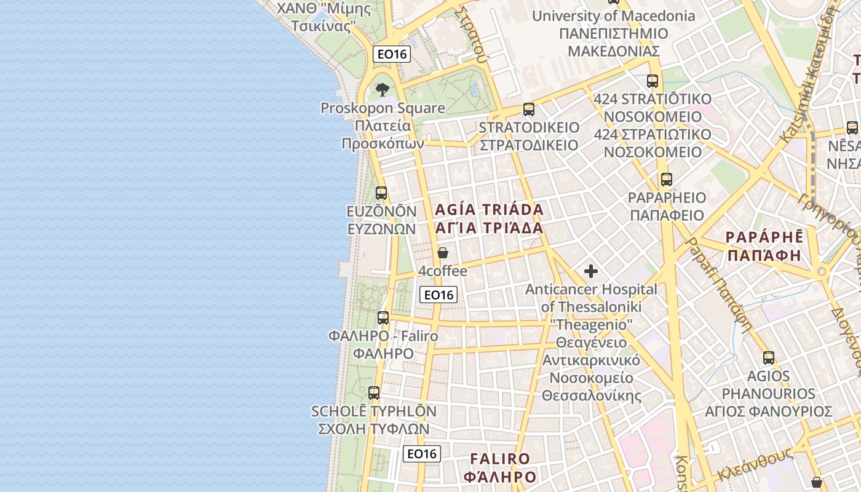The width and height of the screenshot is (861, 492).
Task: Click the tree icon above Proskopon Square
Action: pos(383,89)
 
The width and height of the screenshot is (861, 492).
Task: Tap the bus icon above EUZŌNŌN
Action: pos(381,193)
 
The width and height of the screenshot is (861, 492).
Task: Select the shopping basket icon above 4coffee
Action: pos(442,253)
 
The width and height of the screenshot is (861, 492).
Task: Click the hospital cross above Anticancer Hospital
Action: pos(591,271)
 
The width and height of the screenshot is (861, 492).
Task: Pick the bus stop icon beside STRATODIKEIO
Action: pos(528,109)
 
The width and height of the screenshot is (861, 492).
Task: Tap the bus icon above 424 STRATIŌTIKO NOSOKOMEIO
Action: pos(653,81)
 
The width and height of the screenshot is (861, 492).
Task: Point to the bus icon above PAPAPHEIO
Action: pos(666,180)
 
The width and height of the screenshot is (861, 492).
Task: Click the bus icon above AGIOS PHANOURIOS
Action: pos(769,357)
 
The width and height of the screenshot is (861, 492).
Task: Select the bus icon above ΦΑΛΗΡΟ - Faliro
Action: pos(383,318)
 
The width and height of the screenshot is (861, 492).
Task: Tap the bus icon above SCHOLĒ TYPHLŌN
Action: pos(373,392)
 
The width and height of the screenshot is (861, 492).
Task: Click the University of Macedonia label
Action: pos(613,16)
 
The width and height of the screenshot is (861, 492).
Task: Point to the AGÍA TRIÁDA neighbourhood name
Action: pos(490,210)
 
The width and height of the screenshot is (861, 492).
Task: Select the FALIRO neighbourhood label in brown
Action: pos(500,459)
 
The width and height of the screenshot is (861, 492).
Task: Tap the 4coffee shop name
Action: pos(443,271)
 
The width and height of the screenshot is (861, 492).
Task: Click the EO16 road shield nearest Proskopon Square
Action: pos(392,54)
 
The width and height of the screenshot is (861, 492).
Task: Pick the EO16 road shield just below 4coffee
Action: pos(438,295)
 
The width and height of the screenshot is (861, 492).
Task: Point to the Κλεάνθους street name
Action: pos(754,466)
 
